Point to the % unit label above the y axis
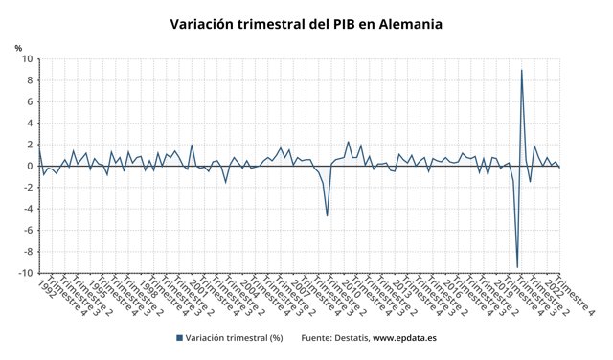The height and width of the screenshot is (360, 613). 18,47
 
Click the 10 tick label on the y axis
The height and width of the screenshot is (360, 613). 29,59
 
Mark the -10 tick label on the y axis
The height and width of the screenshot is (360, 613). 27,273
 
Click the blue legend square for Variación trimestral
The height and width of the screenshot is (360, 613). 179,337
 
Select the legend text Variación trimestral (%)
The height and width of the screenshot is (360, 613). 234,337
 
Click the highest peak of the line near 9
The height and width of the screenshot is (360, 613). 522,70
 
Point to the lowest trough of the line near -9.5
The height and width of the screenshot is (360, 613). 517,267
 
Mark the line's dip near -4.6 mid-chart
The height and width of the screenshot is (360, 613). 328,215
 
